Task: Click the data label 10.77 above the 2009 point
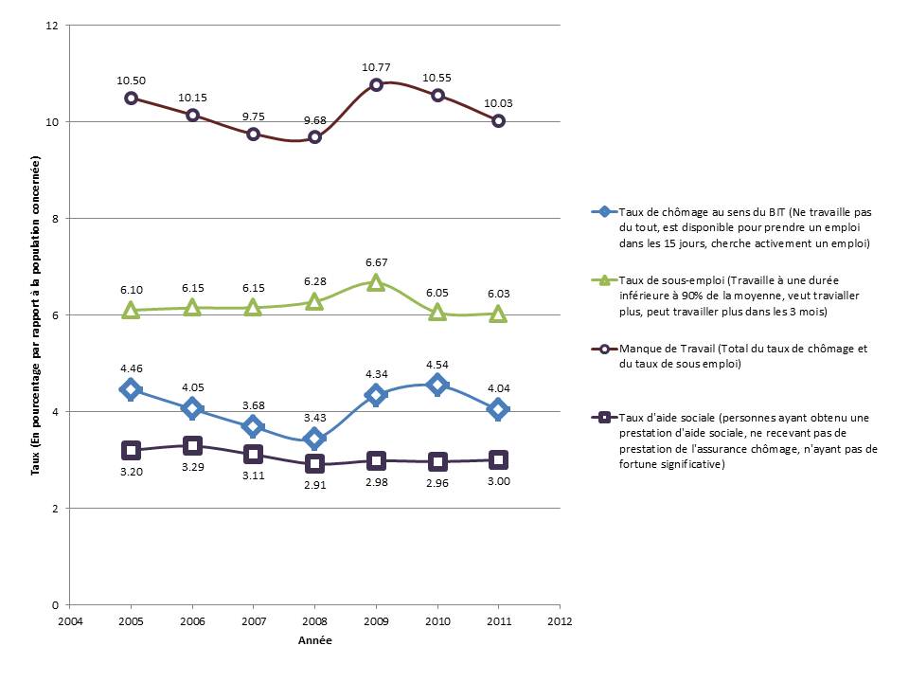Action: click(x=376, y=67)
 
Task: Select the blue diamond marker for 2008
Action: click(x=314, y=439)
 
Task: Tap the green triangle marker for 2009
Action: click(x=376, y=281)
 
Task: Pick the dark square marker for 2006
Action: click(x=192, y=445)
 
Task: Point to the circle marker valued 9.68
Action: click(x=314, y=137)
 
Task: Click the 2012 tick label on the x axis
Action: click(x=560, y=622)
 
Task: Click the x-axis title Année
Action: click(x=314, y=640)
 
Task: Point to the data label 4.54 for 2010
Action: click(x=437, y=360)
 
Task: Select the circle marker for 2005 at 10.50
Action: click(x=132, y=98)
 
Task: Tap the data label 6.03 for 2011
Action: click(x=498, y=295)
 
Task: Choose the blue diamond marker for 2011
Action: click(x=498, y=409)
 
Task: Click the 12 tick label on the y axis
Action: click(x=53, y=26)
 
